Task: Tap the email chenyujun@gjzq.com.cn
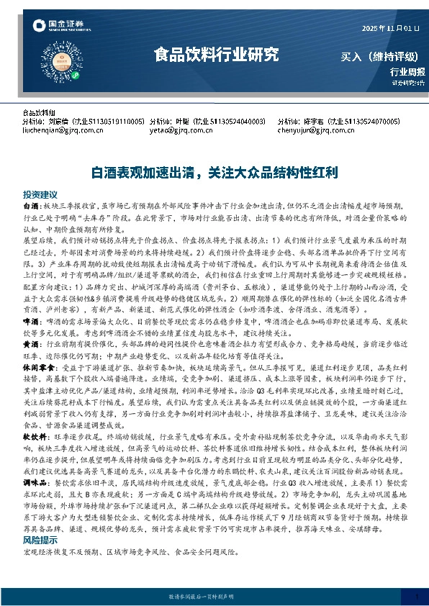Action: click(x=313, y=132)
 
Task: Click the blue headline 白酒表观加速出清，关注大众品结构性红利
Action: click(x=214, y=173)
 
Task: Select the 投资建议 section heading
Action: click(x=40, y=195)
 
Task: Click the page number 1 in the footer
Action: click(x=417, y=595)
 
